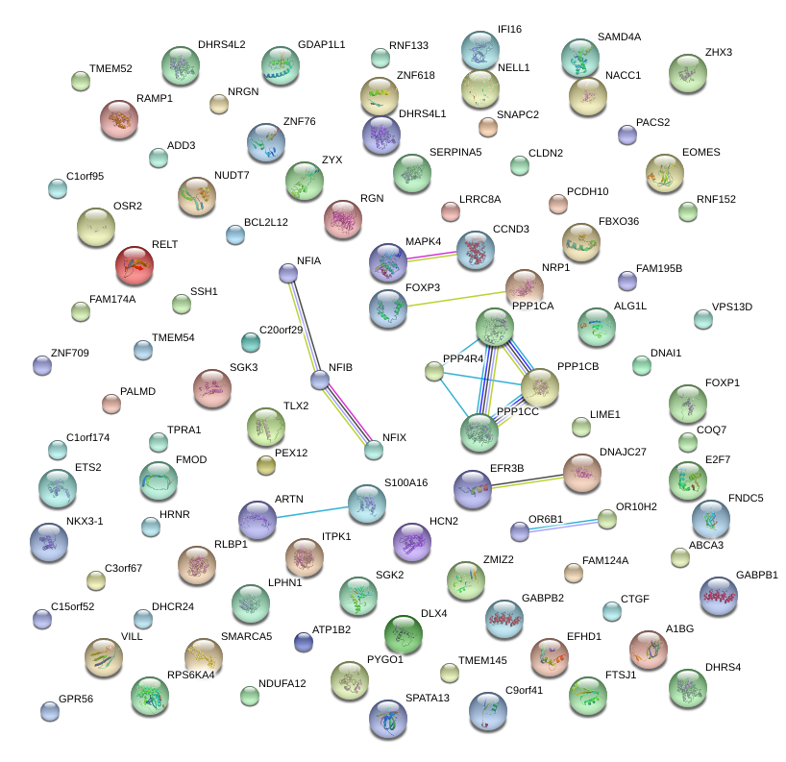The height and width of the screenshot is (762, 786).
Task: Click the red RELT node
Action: pyautogui.click(x=135, y=266)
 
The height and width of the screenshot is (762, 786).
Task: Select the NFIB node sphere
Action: pyautogui.click(x=319, y=381)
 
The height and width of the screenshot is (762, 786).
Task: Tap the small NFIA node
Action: pyautogui.click(x=287, y=274)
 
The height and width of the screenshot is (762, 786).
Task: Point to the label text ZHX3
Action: pyautogui.click(x=718, y=53)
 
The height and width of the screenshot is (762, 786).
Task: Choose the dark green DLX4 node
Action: pyautogui.click(x=403, y=634)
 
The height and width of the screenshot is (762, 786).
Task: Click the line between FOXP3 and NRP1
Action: pyautogui.click(x=456, y=298)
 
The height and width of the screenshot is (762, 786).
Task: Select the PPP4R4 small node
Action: pyautogui.click(x=434, y=371)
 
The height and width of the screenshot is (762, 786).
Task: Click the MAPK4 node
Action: pyautogui.click(x=388, y=262)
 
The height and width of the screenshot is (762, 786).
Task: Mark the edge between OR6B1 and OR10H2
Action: pyautogui.click(x=563, y=525)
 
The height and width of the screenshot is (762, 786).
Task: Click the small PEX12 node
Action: pyautogui.click(x=266, y=466)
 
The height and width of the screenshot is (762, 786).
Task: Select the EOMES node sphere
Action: pyautogui.click(x=665, y=173)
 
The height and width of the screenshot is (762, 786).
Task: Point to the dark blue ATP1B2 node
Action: pyautogui.click(x=304, y=642)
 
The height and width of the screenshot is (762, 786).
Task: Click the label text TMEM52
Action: pyautogui.click(x=111, y=69)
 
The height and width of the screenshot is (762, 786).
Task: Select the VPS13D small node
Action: pyautogui.click(x=703, y=319)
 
